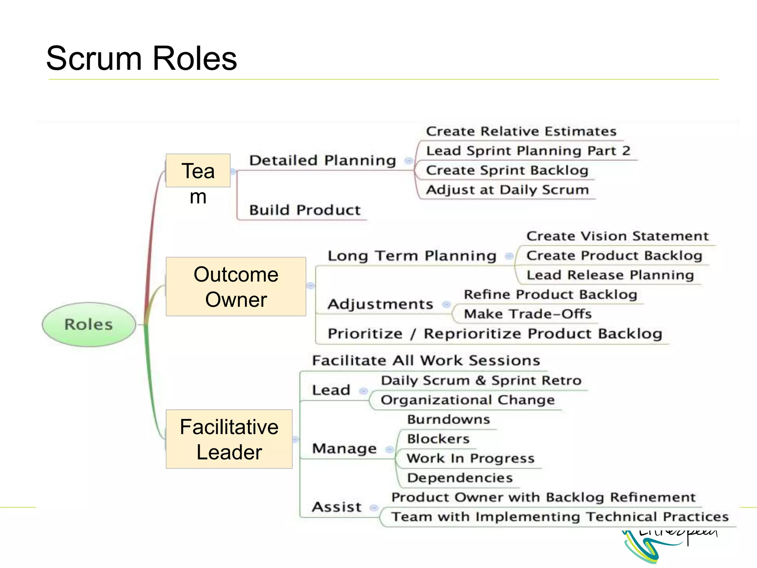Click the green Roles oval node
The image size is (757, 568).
click(89, 324)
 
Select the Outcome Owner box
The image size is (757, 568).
click(236, 287)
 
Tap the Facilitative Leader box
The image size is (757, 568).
click(229, 439)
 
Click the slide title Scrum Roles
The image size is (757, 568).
click(141, 58)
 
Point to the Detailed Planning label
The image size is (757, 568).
click(322, 160)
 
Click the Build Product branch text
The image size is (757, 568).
click(305, 210)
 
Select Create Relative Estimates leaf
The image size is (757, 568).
click(521, 131)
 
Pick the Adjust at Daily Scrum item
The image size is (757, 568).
click(507, 190)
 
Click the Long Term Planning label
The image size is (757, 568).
click(412, 256)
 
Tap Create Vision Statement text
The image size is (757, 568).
click(617, 236)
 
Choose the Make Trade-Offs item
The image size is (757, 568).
click(527, 314)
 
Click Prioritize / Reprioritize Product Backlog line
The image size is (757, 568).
click(495, 334)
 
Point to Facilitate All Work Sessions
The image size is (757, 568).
click(426, 361)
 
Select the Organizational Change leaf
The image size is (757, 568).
click(468, 400)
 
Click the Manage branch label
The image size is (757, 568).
click(344, 449)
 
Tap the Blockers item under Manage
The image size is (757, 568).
click(438, 439)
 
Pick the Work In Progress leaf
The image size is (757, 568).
click(471, 459)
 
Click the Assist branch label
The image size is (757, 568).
click(336, 507)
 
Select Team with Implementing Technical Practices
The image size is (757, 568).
click(560, 517)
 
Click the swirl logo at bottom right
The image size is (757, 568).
click(651, 547)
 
